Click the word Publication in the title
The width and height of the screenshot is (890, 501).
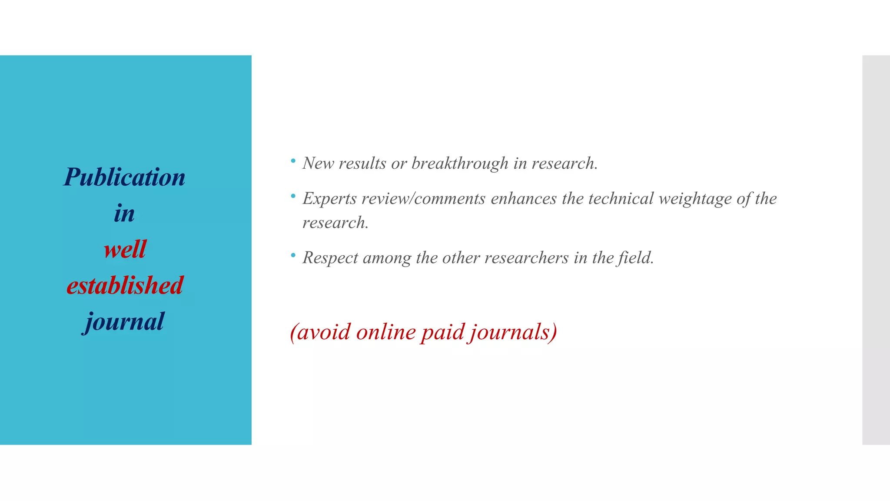tap(124, 177)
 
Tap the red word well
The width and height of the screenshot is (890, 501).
tap(125, 250)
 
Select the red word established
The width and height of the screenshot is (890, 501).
tap(125, 286)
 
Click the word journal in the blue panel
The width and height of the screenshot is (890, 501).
tap(125, 322)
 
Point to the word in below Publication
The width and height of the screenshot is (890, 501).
tap(124, 214)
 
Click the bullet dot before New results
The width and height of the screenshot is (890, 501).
tap(293, 161)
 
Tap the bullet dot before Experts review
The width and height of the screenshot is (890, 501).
tap(293, 197)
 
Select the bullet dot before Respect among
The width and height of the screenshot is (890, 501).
tap(293, 255)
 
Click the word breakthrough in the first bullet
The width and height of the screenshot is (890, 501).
tap(460, 164)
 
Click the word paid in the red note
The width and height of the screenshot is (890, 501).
tap(442, 332)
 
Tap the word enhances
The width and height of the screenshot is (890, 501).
tap(524, 199)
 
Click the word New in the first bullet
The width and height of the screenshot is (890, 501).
tap(318, 164)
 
